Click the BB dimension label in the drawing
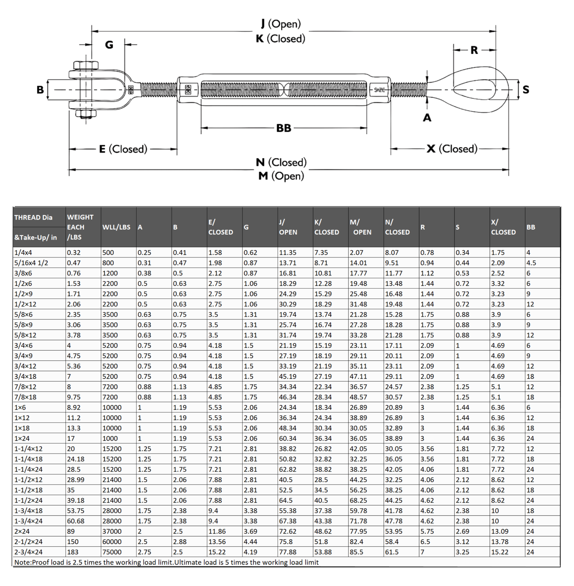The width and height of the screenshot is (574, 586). tap(284, 128)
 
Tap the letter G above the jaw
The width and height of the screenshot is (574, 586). tap(109, 45)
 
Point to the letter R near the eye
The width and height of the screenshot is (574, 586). tap(474, 50)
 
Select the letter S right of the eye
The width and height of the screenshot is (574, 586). tap(526, 90)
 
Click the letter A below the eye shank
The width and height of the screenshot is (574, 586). tap(427, 118)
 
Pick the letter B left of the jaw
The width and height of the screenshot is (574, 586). tap(40, 90)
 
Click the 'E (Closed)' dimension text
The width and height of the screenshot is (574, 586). tap(123, 149)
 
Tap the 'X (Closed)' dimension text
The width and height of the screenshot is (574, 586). tap(452, 149)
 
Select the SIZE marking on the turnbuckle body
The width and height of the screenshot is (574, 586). tap(379, 90)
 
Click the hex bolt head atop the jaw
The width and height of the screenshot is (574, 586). tap(86, 66)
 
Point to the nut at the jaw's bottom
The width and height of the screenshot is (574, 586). tap(86, 114)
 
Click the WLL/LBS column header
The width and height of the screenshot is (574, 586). tap(116, 227)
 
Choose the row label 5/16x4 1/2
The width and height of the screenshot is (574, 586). tap(31, 263)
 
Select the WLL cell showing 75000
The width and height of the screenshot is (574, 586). tap(112, 552)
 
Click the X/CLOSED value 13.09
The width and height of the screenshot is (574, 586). tap(500, 531)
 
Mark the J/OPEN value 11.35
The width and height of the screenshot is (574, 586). tap(288, 253)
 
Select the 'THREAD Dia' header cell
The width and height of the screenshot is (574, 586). tap(33, 217)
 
